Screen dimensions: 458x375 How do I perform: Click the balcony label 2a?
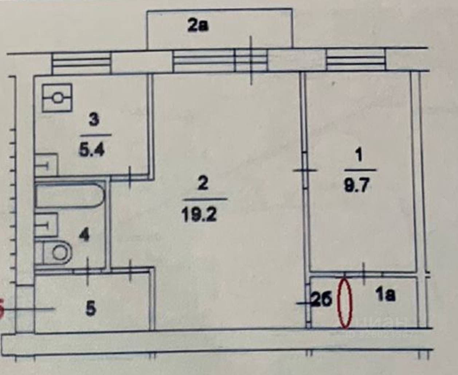(198, 27)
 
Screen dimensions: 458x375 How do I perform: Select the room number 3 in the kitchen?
(93, 120)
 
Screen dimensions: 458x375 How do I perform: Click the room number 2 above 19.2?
(203, 183)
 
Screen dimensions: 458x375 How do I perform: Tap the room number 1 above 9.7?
(359, 156)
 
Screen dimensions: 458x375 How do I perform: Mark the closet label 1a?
(386, 295)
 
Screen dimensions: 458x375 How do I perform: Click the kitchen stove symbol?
(57, 98)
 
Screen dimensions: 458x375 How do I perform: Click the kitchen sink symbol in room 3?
(46, 166)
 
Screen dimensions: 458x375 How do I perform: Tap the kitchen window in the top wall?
(81, 63)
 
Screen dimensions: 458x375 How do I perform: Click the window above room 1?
(356, 61)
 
